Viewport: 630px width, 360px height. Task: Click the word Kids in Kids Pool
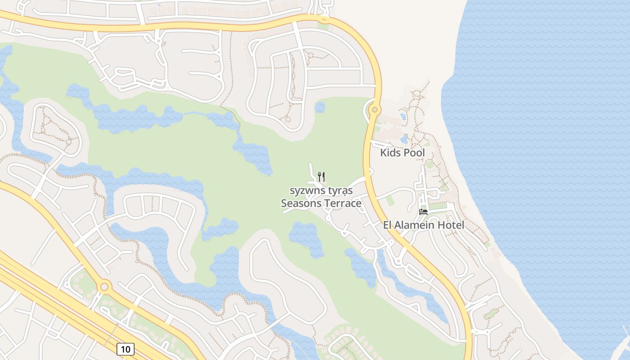click(x=390, y=153)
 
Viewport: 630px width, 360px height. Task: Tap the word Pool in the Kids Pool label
click(x=414, y=153)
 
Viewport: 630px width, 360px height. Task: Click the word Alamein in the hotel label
click(x=417, y=225)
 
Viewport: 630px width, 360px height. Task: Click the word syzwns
click(x=304, y=191)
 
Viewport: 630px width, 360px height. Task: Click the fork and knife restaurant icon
click(x=321, y=176)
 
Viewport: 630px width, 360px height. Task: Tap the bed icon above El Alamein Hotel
click(x=423, y=211)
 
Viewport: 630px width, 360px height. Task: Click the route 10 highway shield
click(x=125, y=349)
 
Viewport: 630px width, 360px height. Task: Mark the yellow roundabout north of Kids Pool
click(x=374, y=109)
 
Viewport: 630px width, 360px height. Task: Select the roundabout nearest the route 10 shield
click(x=104, y=286)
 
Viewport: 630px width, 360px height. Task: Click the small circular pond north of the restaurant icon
click(x=320, y=107)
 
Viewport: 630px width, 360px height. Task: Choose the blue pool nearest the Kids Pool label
click(x=405, y=139)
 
